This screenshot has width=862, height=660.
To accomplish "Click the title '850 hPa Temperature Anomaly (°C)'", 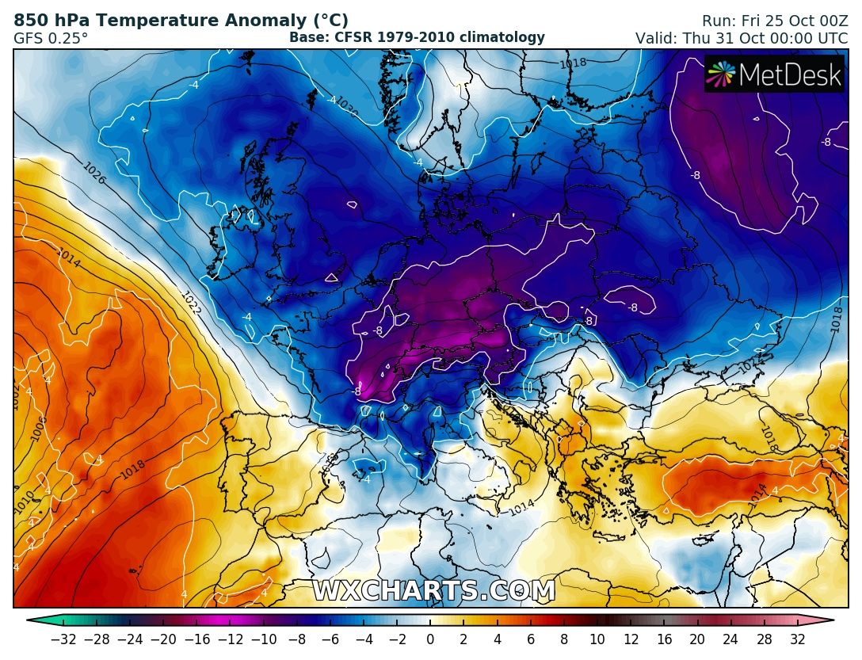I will tap(181, 21).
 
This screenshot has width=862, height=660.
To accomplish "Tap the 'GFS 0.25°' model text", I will tap(51, 37).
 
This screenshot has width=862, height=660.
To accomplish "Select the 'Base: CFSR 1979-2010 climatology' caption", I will tap(417, 37).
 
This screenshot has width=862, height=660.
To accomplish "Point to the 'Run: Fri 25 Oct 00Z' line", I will tap(774, 21).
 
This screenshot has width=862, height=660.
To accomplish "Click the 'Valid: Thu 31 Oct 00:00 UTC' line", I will tap(741, 38).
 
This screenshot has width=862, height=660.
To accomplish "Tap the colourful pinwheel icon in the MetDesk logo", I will tap(721, 74).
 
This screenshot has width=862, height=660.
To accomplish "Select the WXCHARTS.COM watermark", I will tap(433, 591).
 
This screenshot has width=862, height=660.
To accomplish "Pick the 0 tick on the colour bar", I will tap(430, 639).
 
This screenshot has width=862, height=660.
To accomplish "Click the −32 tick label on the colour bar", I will tap(63, 639).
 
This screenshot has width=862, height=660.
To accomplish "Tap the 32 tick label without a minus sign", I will tap(797, 639).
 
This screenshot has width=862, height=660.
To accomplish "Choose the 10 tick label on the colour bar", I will tap(597, 639).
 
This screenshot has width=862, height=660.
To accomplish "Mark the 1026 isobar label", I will tap(94, 174).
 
